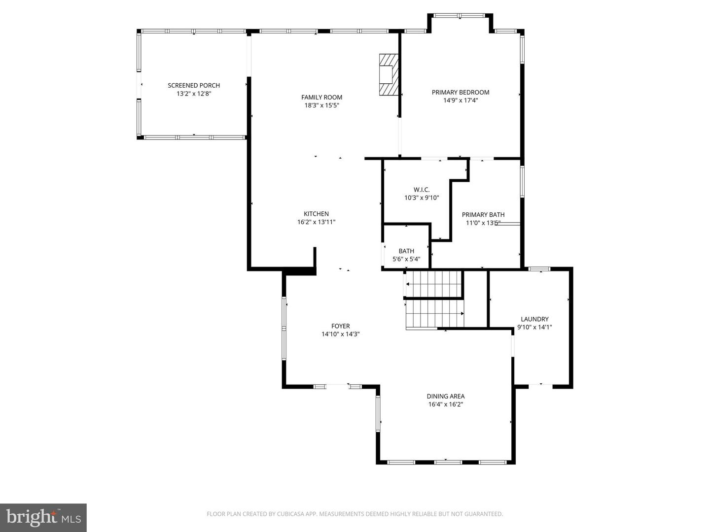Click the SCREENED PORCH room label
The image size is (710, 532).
(194, 86)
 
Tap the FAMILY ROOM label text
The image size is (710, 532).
(321, 98)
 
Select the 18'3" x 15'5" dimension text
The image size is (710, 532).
(321, 105)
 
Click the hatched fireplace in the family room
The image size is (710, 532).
(388, 74)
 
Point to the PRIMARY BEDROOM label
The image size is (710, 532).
(461, 93)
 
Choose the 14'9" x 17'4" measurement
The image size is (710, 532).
(461, 100)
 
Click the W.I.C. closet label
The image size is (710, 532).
(422, 190)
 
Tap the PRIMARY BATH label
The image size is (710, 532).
(483, 215)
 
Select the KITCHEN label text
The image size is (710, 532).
(316, 214)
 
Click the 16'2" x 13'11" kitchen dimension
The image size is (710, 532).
(316, 222)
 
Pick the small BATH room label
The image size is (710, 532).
(406, 251)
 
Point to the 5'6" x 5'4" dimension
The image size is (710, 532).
(406, 259)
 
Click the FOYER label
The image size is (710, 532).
(341, 326)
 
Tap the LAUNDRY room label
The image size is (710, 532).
(534, 319)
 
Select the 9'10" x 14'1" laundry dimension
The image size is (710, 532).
(534, 327)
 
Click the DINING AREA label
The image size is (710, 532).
(446, 397)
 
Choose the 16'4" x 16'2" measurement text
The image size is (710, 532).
(446, 404)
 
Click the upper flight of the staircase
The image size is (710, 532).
(434, 284)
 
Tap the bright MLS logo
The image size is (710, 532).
(43, 517)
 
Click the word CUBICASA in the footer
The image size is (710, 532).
(290, 514)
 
